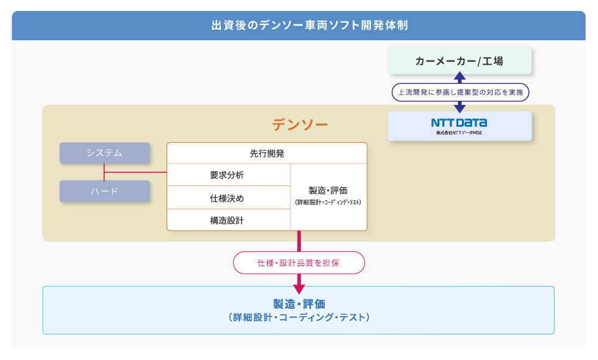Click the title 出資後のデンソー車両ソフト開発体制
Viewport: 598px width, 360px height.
point(310,25)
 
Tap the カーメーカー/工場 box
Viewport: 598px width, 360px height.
point(459,60)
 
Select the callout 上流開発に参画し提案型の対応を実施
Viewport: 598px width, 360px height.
point(460,92)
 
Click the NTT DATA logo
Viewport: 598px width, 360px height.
point(459,123)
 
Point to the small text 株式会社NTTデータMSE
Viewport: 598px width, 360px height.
point(459,133)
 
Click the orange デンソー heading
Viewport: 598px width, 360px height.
point(300,124)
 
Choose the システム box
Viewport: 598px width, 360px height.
point(104,153)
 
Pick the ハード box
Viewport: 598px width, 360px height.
point(104,191)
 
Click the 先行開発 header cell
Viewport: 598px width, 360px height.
point(267,153)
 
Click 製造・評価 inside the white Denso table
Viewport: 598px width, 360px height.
point(328,190)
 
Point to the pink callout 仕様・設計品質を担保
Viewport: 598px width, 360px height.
point(299,263)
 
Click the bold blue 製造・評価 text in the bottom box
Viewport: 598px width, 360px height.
point(299,304)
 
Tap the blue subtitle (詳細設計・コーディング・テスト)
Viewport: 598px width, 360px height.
point(299,317)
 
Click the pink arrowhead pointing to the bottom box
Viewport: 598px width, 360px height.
point(299,289)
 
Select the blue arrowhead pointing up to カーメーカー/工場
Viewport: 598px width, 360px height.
point(459,76)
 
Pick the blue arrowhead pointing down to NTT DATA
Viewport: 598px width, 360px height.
point(459,109)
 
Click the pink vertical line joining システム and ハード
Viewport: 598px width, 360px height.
point(104,172)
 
